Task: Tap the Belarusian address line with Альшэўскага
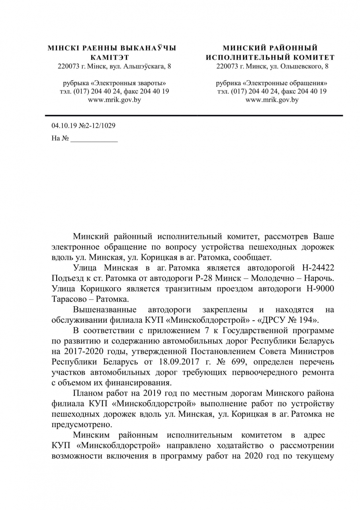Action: (114, 66)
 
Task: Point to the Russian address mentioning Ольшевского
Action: (272, 66)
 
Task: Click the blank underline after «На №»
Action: (94, 139)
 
